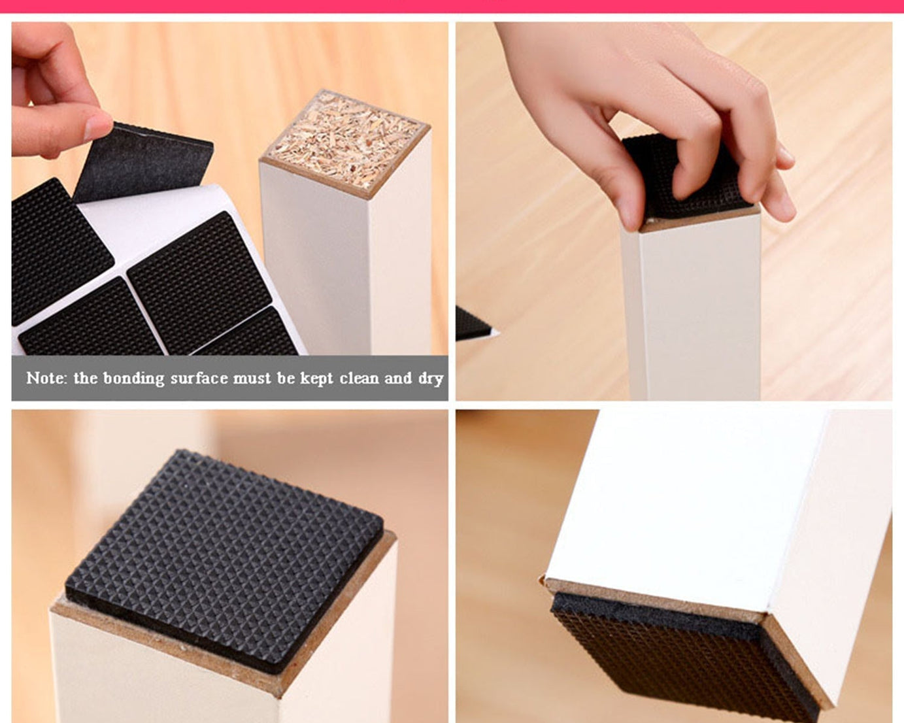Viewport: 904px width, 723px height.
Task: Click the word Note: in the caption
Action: click(x=46, y=378)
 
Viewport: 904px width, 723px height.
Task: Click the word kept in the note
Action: click(x=317, y=378)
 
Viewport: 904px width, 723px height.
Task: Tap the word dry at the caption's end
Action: click(x=431, y=378)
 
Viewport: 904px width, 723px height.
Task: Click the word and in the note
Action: click(x=398, y=378)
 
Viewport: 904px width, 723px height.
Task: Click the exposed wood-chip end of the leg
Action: click(x=344, y=142)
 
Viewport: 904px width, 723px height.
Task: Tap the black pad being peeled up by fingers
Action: click(x=144, y=163)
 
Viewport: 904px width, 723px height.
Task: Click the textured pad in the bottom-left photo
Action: click(x=226, y=559)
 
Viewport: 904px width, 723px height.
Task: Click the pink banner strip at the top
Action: click(x=452, y=6)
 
